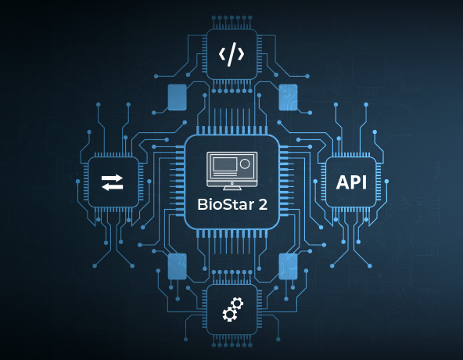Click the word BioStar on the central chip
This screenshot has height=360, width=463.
(x=222, y=208)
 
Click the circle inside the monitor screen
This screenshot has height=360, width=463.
(x=245, y=165)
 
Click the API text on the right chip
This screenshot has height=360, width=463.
(x=350, y=182)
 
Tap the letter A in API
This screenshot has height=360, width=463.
(x=341, y=182)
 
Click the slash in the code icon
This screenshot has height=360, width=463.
(x=231, y=55)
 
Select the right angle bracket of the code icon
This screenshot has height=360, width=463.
(x=242, y=55)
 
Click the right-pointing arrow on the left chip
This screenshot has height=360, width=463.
(x=113, y=178)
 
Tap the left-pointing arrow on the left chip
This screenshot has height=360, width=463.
(x=112, y=187)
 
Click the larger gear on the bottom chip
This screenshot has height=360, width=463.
(x=235, y=304)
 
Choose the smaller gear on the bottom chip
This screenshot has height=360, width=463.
(x=228, y=315)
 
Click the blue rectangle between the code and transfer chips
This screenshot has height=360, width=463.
(x=177, y=97)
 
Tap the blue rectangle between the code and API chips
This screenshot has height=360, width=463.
(x=288, y=97)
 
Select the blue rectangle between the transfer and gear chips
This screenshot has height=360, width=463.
(x=177, y=266)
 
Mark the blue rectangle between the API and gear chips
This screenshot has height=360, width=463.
(x=288, y=266)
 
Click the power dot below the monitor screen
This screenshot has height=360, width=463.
(x=231, y=179)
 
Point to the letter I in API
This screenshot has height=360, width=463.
(x=363, y=182)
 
